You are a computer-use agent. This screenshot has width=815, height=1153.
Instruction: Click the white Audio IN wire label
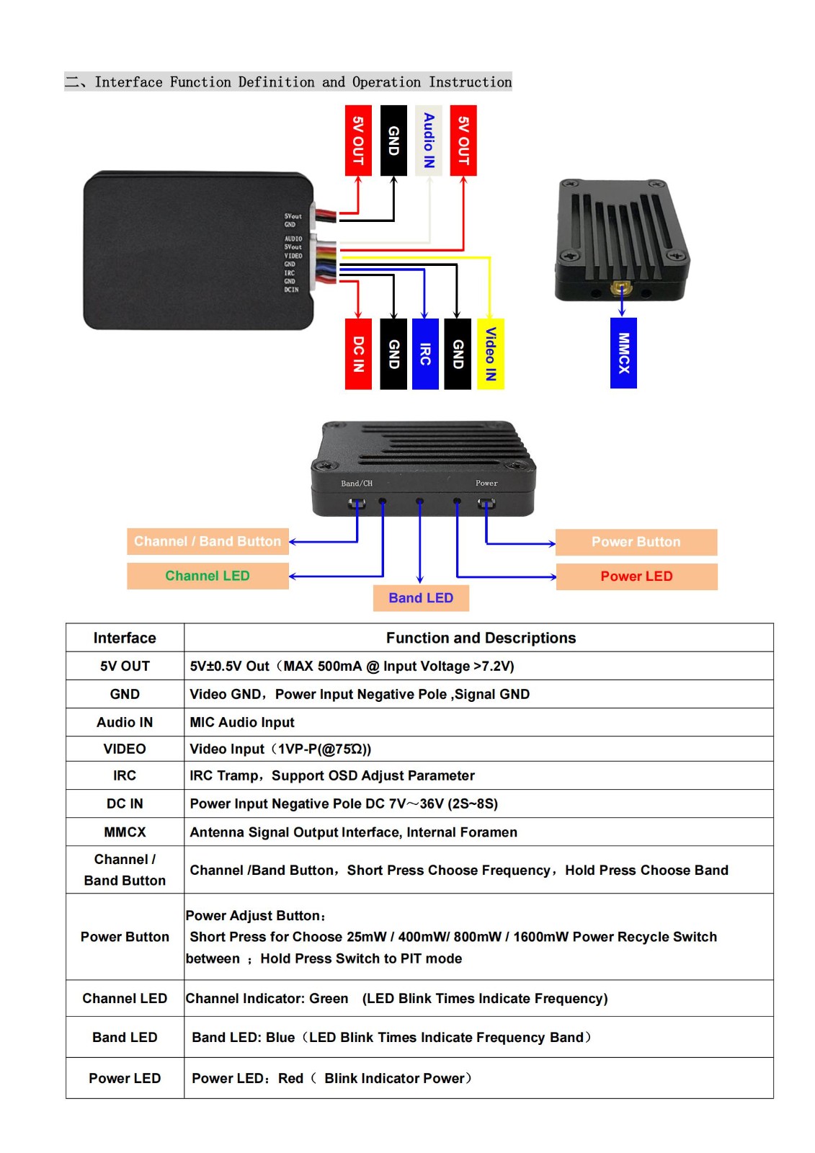429,141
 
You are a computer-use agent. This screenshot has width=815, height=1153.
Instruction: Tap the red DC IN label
358,354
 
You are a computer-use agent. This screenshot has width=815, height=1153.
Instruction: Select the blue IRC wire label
425,354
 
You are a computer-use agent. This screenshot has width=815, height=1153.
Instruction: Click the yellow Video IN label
491,354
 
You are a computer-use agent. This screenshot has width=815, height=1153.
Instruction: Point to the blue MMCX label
623,353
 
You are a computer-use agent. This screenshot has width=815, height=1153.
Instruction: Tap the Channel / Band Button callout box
208,541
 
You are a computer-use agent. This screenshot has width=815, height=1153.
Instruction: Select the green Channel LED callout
208,576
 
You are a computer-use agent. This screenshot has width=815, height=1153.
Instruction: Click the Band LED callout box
421,598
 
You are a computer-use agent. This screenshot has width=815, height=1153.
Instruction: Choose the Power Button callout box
636,542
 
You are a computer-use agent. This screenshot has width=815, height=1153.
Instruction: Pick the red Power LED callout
636,576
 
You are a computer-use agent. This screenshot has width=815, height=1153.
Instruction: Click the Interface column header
125,638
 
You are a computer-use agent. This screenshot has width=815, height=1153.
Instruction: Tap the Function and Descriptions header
481,638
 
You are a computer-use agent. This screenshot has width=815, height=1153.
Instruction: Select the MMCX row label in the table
125,832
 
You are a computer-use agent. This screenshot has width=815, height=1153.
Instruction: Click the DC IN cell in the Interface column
125,803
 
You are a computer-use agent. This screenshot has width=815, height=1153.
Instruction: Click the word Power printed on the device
486,483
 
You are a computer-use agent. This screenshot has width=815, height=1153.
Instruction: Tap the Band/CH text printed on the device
357,483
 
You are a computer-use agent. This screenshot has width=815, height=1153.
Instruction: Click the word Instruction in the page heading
471,82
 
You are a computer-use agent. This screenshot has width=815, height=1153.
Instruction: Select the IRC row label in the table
125,775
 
